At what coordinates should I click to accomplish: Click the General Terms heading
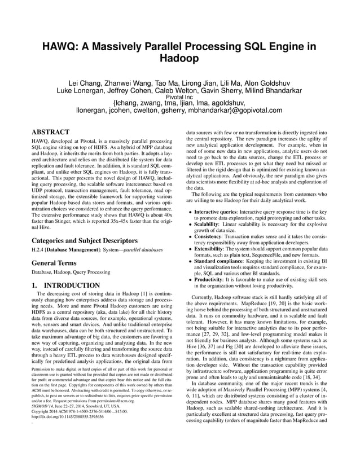tap(56, 262)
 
